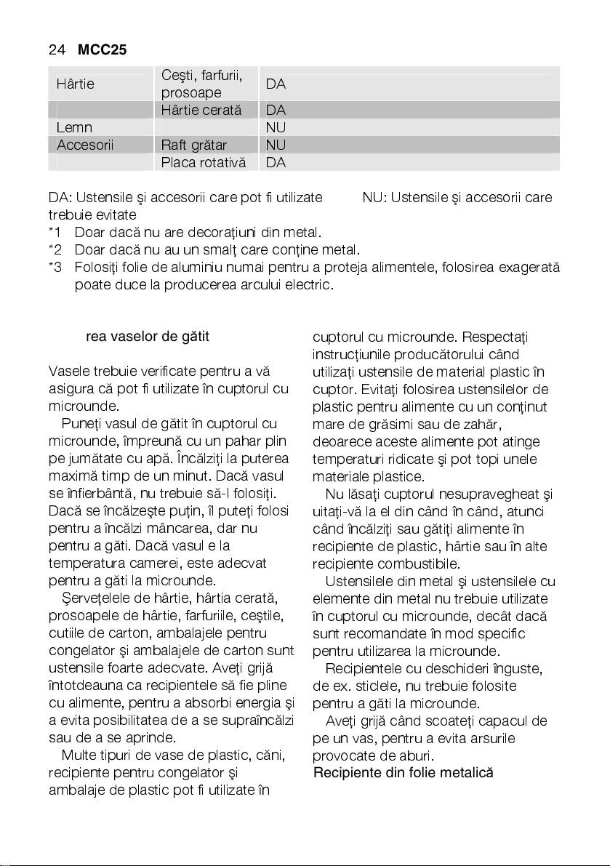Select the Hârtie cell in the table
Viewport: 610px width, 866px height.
pyautogui.click(x=75, y=84)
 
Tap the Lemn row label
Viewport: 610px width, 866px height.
pyautogui.click(x=73, y=127)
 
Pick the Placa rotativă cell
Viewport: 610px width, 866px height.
pyautogui.click(x=204, y=162)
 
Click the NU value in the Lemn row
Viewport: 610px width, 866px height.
pyautogui.click(x=276, y=127)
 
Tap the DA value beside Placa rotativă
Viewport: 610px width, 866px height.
pyautogui.click(x=276, y=162)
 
